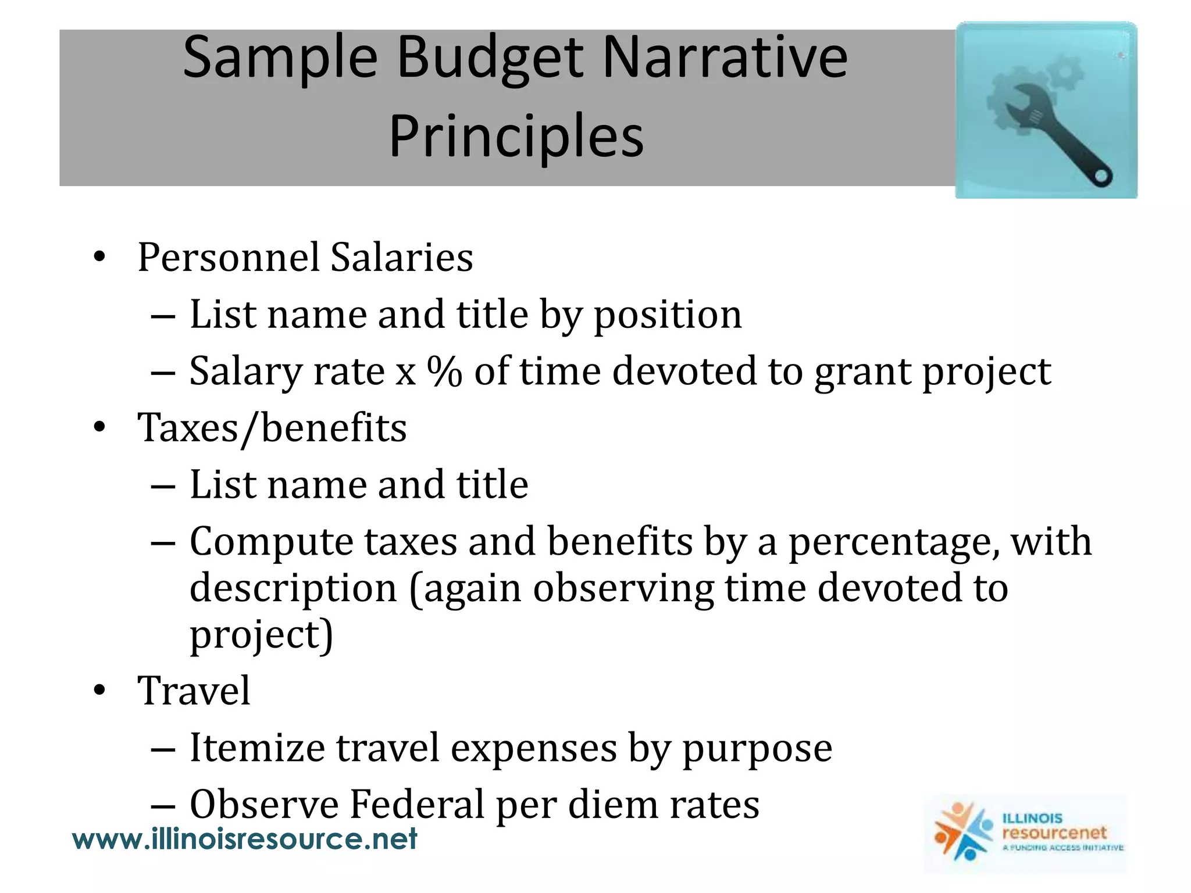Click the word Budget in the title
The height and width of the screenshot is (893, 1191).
(490, 58)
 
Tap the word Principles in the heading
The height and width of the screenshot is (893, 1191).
(516, 137)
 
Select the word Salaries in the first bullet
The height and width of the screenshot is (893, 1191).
(401, 257)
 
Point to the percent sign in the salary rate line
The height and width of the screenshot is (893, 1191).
(444, 371)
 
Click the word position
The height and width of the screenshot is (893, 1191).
(668, 315)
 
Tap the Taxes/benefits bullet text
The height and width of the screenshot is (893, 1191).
(272, 428)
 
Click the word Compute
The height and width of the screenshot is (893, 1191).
(271, 541)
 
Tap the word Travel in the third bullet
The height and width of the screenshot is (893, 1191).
(194, 691)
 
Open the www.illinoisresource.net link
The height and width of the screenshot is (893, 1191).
(244, 839)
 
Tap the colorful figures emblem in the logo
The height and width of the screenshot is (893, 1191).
(961, 832)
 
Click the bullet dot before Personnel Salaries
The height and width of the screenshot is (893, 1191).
(99, 257)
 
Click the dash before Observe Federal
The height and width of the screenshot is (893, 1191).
(162, 807)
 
